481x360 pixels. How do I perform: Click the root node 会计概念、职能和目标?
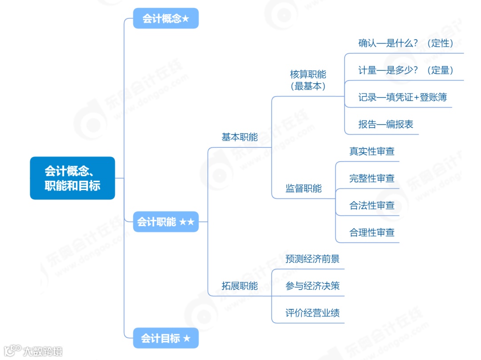click(72, 178)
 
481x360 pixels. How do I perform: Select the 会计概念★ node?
click(166, 18)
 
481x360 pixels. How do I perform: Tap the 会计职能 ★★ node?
click(166, 221)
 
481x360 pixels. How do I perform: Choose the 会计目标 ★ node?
click(166, 338)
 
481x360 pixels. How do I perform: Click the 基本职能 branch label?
click(240, 137)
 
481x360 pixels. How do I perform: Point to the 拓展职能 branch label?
click(240, 286)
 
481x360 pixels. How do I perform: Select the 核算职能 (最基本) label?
click(308, 80)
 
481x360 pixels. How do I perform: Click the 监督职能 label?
click(303, 188)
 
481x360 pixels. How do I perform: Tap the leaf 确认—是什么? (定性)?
click(405, 43)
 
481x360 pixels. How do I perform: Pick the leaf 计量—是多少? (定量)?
click(405, 70)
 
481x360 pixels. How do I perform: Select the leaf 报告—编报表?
click(386, 124)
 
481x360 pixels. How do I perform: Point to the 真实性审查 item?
click(372, 151)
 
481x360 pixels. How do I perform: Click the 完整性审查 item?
click(372, 178)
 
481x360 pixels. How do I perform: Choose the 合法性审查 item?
click(372, 206)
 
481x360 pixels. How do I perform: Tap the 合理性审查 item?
click(372, 232)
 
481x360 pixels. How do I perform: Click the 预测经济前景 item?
click(312, 259)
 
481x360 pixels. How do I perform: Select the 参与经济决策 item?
click(312, 286)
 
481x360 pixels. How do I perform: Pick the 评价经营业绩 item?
click(312, 313)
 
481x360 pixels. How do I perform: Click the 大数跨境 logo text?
click(43, 351)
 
